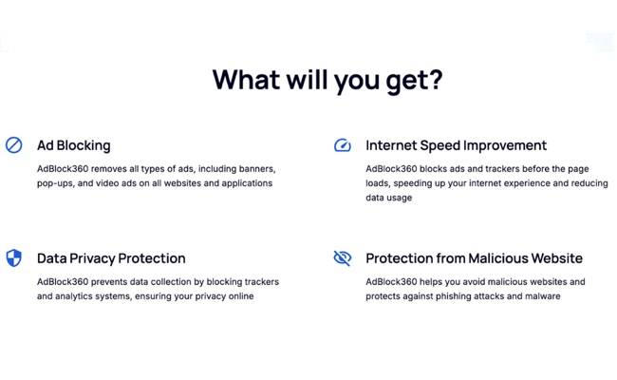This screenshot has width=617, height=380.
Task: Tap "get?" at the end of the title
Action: point(410,80)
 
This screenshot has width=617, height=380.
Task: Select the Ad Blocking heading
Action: point(73,145)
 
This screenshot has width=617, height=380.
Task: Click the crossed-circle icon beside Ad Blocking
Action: point(13,145)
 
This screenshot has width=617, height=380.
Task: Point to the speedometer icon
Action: point(343,145)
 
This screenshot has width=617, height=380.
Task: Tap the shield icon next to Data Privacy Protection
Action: point(13,258)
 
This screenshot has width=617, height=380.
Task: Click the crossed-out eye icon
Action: point(343,258)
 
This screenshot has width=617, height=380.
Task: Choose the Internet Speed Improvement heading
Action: point(456,145)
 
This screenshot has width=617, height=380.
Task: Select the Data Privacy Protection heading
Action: point(111,258)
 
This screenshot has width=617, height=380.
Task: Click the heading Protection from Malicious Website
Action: point(474,258)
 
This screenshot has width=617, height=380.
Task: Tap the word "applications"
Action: point(241,183)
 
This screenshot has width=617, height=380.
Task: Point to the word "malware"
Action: point(540,296)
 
